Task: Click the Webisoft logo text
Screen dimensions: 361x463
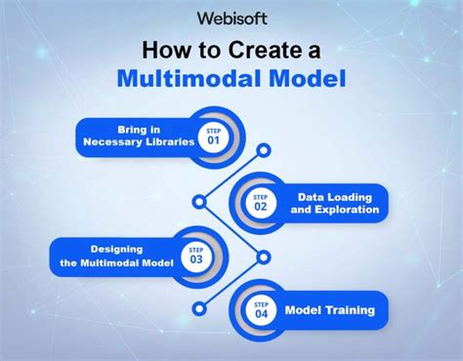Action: [231, 18]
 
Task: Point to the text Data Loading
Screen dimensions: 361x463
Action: [333, 195]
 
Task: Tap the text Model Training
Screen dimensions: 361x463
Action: [329, 310]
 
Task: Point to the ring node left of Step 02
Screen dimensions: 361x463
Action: [200, 202]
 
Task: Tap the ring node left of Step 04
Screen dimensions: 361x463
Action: [200, 310]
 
